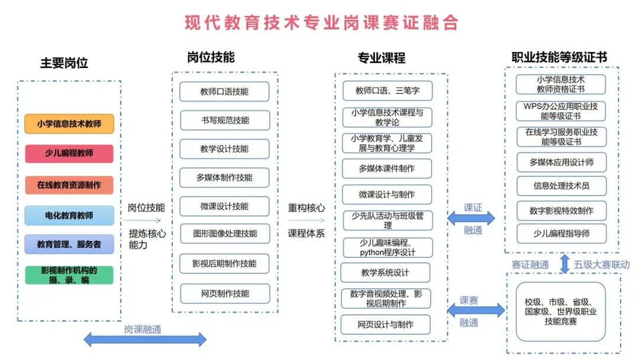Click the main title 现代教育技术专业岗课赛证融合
point(321,23)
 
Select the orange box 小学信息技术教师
point(69,124)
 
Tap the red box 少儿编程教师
point(69,153)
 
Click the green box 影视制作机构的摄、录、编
point(69,275)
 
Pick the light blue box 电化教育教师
point(69,215)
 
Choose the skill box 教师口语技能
point(224,92)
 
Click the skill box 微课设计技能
point(224,206)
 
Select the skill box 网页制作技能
point(224,293)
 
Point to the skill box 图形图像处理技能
point(224,233)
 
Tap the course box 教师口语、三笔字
point(387,91)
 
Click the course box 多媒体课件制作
point(387,168)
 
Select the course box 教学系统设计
point(385,273)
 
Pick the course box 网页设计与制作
point(385,324)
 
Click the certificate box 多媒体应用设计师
point(561,162)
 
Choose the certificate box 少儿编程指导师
point(561,233)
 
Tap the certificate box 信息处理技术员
point(561,185)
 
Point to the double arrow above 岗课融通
point(144,339)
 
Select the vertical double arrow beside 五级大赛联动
point(564,264)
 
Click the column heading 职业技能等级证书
point(559,57)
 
